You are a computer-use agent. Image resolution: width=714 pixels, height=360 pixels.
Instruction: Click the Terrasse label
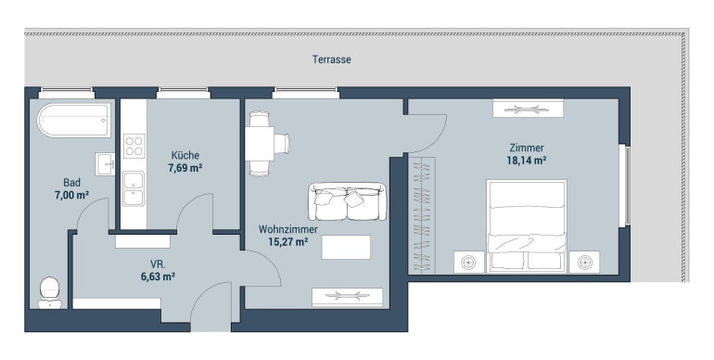coord(332,59)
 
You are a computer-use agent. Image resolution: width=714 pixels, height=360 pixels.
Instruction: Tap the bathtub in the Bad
coord(74,121)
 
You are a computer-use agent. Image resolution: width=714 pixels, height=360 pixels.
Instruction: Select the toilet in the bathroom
coord(50,292)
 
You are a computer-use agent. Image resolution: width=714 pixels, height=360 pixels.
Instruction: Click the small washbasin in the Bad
coord(105,164)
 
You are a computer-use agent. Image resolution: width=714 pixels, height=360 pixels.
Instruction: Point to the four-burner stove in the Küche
coord(134,146)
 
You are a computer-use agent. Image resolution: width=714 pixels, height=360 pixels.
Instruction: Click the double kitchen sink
coord(134,188)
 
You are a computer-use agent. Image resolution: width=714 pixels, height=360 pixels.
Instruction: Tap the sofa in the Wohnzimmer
coord(347,201)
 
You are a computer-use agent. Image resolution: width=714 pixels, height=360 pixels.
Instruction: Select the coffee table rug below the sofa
coord(346,247)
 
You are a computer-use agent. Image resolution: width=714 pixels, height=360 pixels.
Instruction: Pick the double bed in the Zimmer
coord(527,226)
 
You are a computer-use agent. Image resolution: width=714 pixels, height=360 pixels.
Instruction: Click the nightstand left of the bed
coord(468,262)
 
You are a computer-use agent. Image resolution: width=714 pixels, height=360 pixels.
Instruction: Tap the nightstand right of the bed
coord(584,262)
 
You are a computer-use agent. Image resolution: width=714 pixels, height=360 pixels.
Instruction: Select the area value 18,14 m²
coord(527,161)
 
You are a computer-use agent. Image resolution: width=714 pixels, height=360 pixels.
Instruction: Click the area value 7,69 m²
coord(185,168)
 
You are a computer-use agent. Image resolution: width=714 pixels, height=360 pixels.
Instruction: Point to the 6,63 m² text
coord(159,276)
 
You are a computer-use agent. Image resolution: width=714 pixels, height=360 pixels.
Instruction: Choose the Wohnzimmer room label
coord(288,229)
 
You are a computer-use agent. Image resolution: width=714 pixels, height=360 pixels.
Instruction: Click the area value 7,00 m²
coord(71,195)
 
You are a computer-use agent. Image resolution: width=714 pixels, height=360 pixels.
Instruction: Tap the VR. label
coord(158,264)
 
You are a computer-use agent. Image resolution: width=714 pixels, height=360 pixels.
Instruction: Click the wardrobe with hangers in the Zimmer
coord(422,215)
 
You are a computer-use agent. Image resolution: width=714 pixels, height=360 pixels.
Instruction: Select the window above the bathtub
coord(67,93)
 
